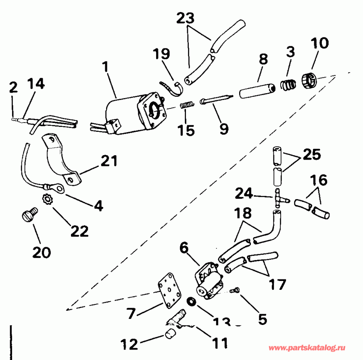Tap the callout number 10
pos(320,43)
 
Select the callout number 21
pos(109,162)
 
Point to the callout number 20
pos(41,253)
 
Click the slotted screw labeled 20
pos(29,215)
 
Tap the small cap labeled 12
pos(170,333)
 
